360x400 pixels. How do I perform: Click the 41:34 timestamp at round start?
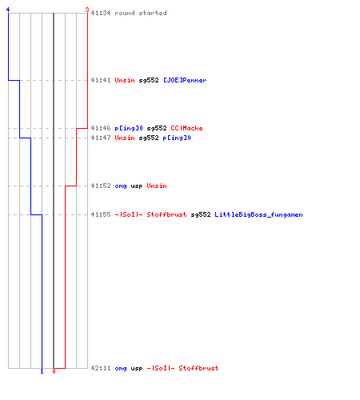(101, 13)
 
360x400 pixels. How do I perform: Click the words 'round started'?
(141, 13)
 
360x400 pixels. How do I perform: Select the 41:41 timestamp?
(101, 80)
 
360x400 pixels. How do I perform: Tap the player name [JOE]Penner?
(185, 80)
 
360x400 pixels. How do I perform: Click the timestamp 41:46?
(101, 128)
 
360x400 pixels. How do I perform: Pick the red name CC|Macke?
(186, 128)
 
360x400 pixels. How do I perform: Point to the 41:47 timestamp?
(101, 138)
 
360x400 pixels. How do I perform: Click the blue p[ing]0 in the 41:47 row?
(177, 138)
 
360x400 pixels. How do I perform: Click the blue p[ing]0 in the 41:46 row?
(129, 128)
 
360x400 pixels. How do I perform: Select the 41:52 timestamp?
(101, 186)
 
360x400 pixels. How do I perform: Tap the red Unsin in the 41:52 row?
(157, 186)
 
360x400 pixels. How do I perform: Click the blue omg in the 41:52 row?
(121, 186)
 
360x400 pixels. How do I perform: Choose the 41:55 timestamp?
(101, 214)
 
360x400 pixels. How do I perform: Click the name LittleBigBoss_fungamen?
(258, 214)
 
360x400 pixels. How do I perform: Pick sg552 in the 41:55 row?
(201, 214)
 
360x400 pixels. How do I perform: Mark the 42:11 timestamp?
(101, 368)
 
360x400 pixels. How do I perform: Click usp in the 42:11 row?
(137, 369)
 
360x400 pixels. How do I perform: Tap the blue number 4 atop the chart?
(8, 10)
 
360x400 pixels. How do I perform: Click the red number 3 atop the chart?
(87, 10)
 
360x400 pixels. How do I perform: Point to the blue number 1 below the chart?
(42, 371)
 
